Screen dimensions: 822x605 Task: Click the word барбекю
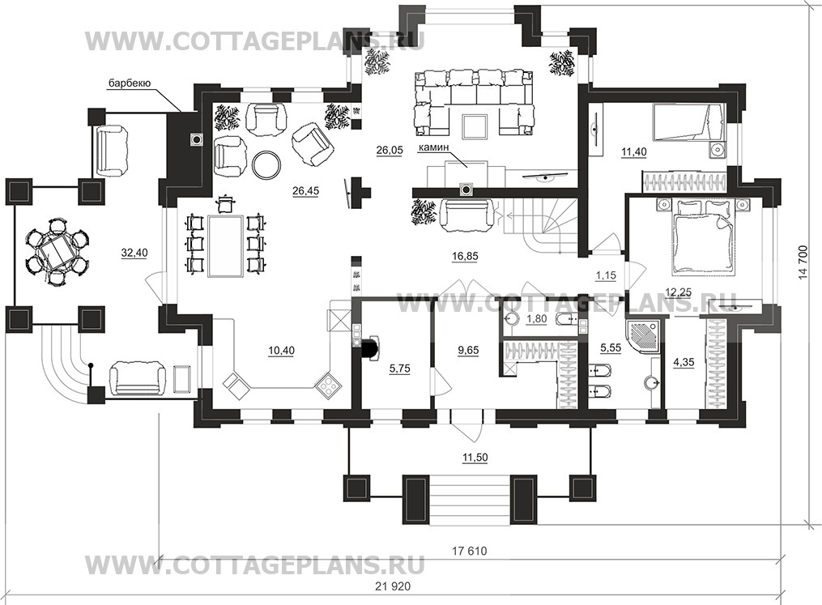[x=130, y=83]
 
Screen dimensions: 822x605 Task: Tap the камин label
[x=433, y=148]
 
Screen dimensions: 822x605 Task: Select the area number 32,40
[x=134, y=253]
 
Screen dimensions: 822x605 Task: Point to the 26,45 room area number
[x=305, y=191]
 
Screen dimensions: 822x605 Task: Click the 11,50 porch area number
[x=475, y=458]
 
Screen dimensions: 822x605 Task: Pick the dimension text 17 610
[x=469, y=551]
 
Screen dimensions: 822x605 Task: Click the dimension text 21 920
[x=393, y=586]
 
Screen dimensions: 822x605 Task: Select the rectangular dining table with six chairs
[x=226, y=245]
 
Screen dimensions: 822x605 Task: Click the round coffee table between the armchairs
[x=267, y=164]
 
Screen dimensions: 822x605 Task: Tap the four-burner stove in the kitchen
[x=328, y=386]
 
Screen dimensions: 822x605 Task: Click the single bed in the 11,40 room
[x=688, y=122]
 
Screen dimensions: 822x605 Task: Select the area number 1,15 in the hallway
[x=606, y=275]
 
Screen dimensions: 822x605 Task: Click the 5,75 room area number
[x=399, y=369]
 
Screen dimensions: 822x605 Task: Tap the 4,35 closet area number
[x=683, y=362]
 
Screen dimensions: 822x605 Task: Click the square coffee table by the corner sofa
[x=475, y=126]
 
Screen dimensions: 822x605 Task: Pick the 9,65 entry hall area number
[x=467, y=350]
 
